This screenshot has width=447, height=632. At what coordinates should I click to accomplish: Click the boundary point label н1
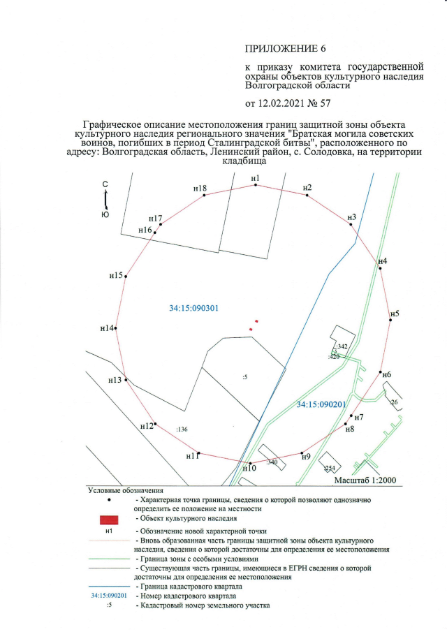(x=255, y=179)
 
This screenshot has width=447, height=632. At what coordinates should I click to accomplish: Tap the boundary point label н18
(x=200, y=189)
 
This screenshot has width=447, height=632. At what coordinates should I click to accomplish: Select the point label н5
(x=395, y=314)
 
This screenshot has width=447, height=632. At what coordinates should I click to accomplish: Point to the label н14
(x=107, y=328)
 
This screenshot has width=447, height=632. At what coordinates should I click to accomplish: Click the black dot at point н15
(x=126, y=277)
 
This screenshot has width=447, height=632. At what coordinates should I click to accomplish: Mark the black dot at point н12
(x=155, y=423)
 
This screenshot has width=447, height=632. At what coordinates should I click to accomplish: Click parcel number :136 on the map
(x=182, y=429)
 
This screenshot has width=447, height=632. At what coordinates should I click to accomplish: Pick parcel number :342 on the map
(x=342, y=346)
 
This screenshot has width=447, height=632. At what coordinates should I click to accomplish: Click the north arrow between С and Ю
(x=105, y=200)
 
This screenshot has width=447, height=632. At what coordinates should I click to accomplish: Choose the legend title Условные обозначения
(x=125, y=491)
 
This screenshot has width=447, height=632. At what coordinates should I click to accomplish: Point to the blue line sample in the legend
(x=109, y=585)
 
